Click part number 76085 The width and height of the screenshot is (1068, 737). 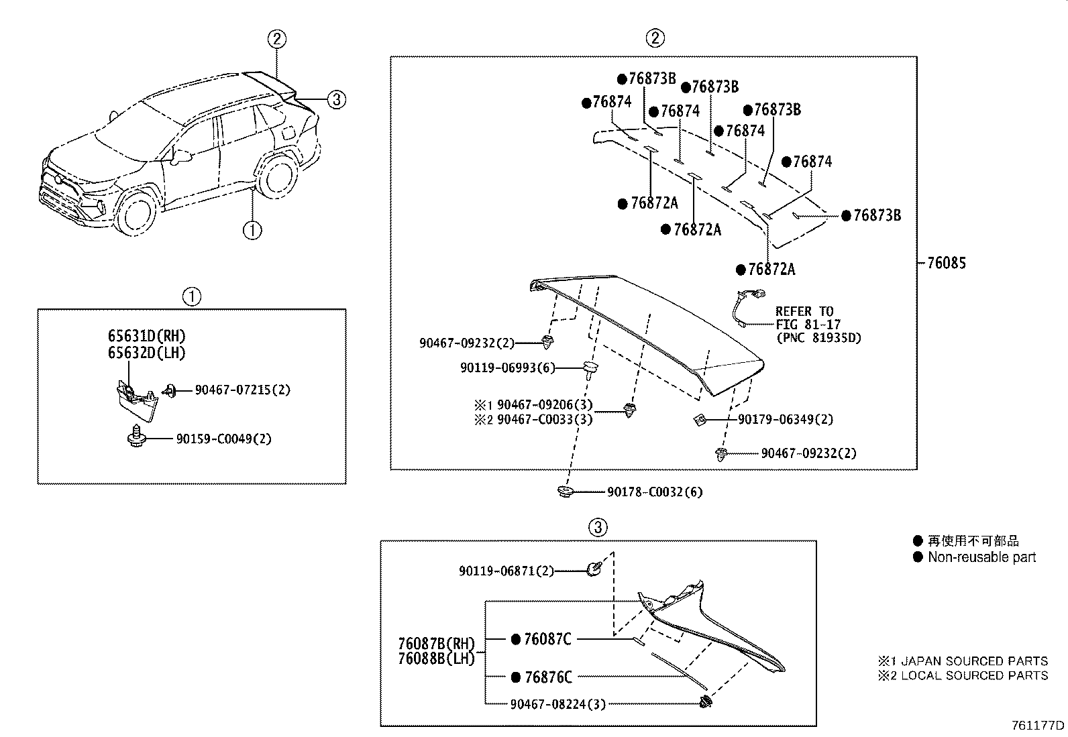point(946,264)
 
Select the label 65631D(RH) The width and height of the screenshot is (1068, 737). point(146,336)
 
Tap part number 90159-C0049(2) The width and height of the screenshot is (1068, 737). point(224,439)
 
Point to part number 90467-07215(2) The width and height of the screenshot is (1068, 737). point(242,390)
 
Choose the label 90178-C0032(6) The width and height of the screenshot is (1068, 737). point(655,492)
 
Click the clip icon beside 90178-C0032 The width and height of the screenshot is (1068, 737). point(566,492)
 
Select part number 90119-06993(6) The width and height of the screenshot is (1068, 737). point(508,367)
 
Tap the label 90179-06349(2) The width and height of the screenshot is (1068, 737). point(786,420)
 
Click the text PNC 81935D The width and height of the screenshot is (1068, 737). point(818,338)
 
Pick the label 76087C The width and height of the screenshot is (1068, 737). point(547,640)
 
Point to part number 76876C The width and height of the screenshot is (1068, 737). point(547,677)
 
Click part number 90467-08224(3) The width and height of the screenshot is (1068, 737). point(558,703)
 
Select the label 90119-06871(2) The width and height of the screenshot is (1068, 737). point(506,571)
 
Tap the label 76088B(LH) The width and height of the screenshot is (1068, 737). point(436,659)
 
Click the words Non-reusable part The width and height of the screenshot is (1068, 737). point(981,557)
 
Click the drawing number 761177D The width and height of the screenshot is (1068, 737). point(1038,725)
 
